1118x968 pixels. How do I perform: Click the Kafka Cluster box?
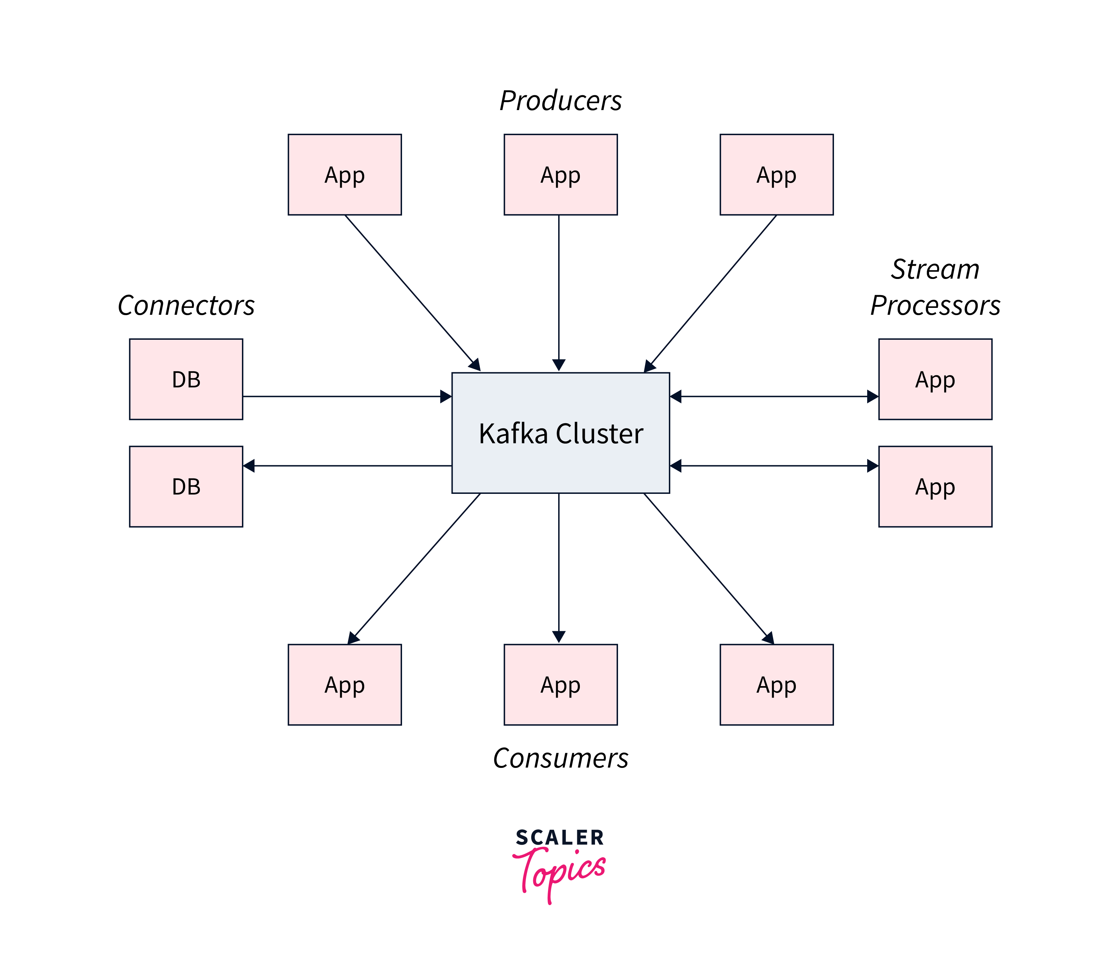click(560, 433)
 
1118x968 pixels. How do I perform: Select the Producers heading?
click(560, 101)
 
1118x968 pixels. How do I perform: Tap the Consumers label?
click(560, 758)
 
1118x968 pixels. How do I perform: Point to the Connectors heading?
click(186, 306)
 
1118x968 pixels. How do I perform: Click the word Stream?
click(935, 269)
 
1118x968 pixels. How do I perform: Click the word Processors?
click(935, 306)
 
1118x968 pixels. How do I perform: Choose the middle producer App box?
click(560, 174)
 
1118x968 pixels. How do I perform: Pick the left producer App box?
click(345, 174)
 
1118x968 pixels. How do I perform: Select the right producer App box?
click(776, 174)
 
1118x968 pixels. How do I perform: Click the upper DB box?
click(186, 379)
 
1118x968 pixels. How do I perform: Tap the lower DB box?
click(186, 486)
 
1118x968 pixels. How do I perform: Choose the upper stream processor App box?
click(935, 379)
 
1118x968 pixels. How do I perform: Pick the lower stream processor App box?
click(935, 486)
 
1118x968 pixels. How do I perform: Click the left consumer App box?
click(345, 684)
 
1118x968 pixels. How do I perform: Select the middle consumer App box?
click(560, 684)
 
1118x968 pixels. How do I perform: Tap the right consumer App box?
click(776, 684)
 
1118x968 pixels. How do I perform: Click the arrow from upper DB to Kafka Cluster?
click(346, 397)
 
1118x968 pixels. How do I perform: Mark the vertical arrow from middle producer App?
click(559, 292)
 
